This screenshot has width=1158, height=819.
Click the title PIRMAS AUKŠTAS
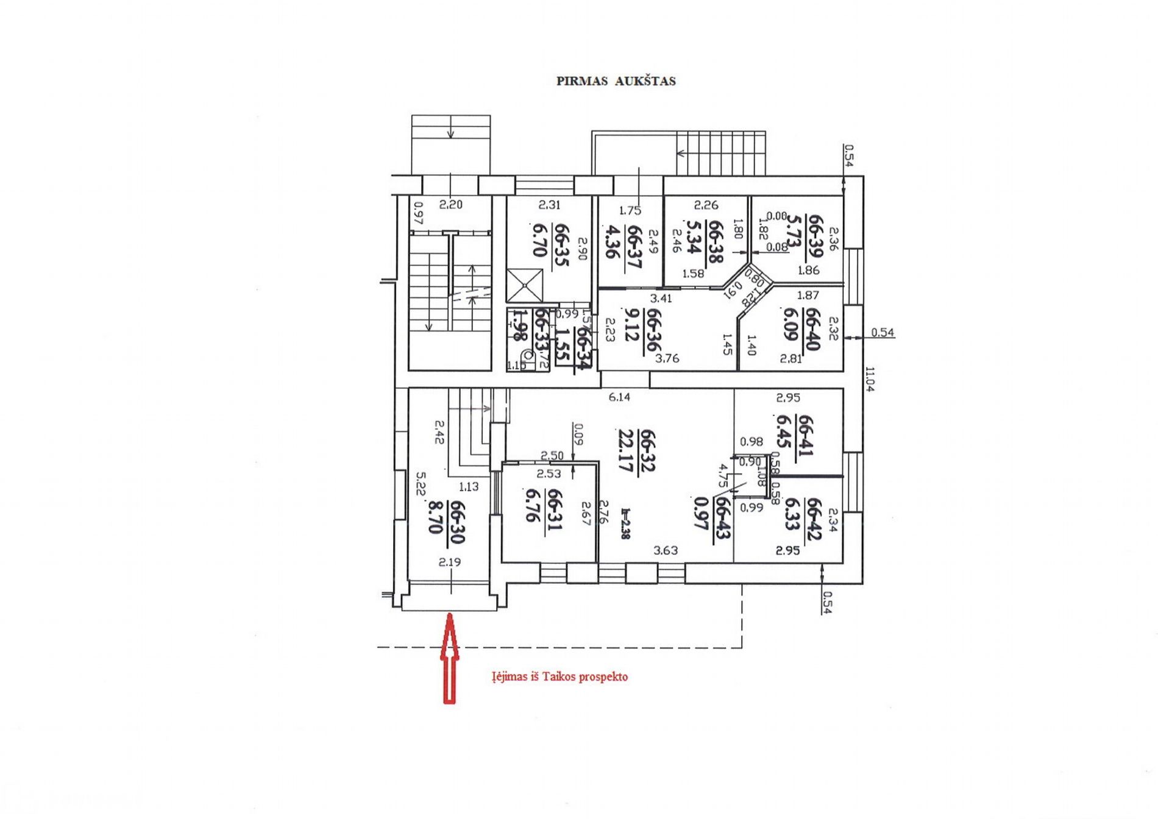[616, 81]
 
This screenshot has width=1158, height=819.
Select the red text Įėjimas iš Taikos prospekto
[559, 676]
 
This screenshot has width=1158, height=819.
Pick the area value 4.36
[613, 242]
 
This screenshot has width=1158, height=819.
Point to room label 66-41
[805, 435]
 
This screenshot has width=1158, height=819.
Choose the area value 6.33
[792, 514]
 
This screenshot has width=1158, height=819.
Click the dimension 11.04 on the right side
[870, 378]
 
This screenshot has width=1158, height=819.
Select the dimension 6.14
[619, 397]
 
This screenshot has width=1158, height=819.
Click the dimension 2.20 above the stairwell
[450, 205]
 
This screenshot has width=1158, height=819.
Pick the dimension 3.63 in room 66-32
[665, 550]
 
